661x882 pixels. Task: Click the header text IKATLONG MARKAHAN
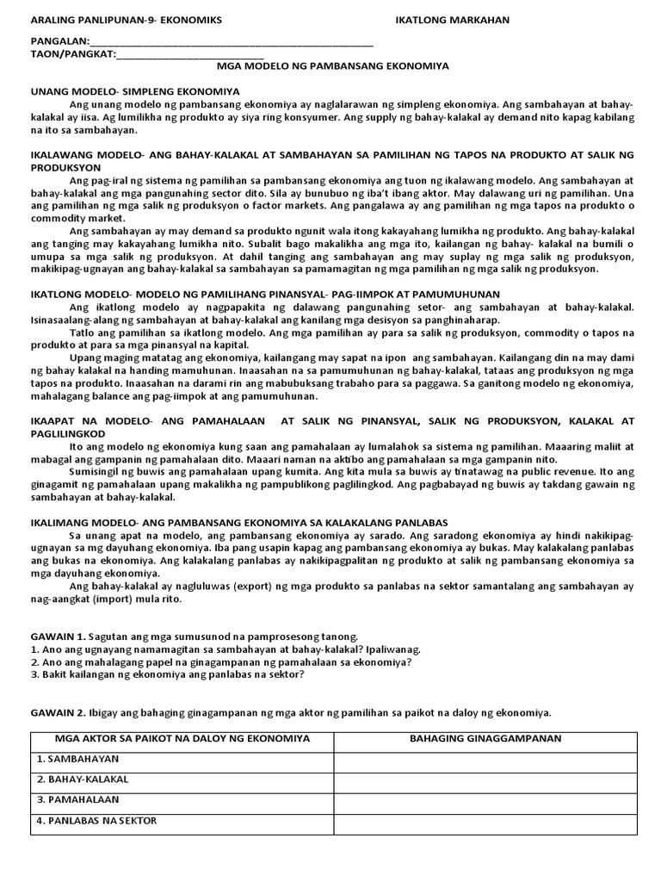point(440,20)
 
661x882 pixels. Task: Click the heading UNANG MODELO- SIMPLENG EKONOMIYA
point(135,91)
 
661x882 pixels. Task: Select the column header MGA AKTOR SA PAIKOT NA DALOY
point(182,739)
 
